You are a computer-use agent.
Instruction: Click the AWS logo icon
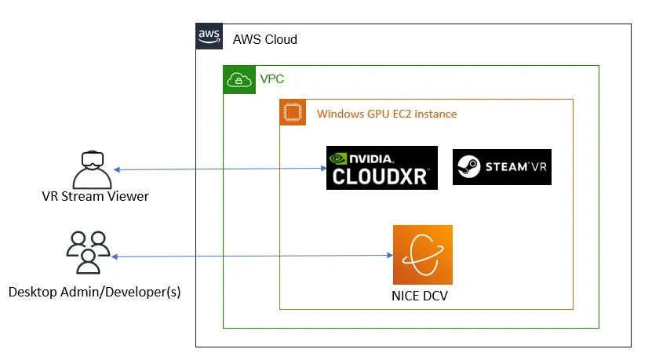(209, 36)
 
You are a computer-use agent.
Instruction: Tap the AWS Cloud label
(264, 39)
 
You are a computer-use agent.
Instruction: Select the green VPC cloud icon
(239, 79)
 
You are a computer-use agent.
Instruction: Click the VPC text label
(271, 79)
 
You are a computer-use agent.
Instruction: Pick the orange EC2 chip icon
(293, 113)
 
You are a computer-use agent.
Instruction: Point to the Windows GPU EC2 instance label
(386, 114)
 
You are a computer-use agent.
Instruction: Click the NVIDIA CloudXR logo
(381, 167)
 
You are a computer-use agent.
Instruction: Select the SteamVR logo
(501, 167)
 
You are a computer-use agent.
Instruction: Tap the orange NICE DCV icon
(422, 255)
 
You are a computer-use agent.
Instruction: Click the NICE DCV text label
(422, 296)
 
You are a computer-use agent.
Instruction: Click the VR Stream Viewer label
(95, 196)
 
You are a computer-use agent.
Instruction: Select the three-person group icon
(87, 251)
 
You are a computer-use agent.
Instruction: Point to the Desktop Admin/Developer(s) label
(94, 292)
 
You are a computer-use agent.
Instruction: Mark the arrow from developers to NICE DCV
(251, 256)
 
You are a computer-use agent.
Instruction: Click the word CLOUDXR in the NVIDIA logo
(381, 176)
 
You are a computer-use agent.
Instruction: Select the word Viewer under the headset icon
(129, 196)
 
